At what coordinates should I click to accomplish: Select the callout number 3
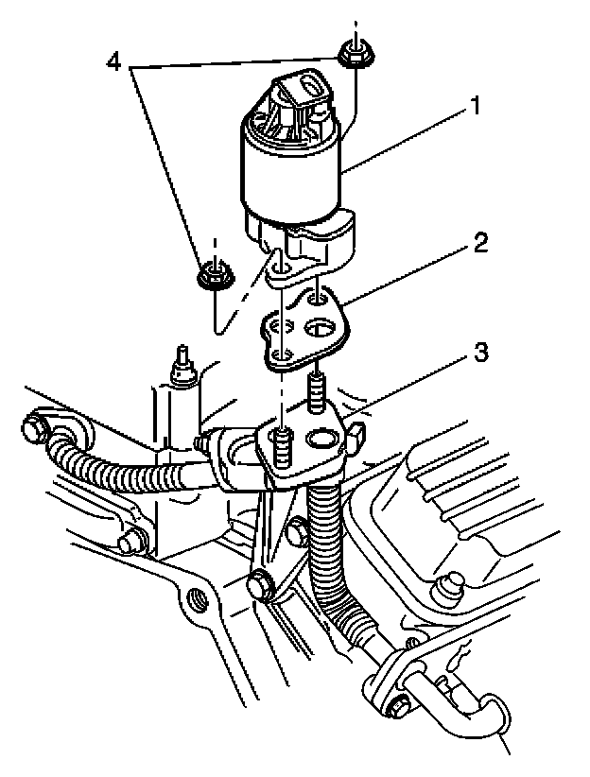point(479,353)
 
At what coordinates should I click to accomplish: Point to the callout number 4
point(113,63)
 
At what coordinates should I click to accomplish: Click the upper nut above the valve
point(353,56)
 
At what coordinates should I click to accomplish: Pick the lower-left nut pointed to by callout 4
point(214,276)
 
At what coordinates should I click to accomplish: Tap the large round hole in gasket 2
point(321,332)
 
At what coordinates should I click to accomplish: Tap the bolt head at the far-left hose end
point(35,428)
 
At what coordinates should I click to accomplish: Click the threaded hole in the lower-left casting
point(198,598)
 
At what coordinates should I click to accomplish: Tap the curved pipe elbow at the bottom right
point(492,718)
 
